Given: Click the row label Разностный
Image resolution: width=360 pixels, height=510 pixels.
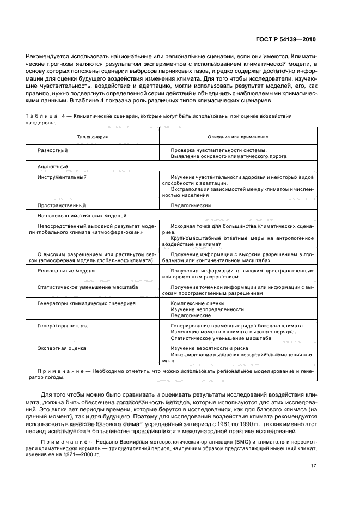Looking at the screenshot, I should pyautogui.click(x=53, y=150).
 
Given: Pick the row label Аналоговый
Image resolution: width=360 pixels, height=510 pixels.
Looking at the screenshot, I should pyautogui.click(x=53, y=167).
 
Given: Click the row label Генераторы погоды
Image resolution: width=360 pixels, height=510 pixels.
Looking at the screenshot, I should pyautogui.click(x=62, y=326).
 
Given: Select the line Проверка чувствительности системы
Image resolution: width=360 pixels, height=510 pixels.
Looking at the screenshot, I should pyautogui.click(x=218, y=150).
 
